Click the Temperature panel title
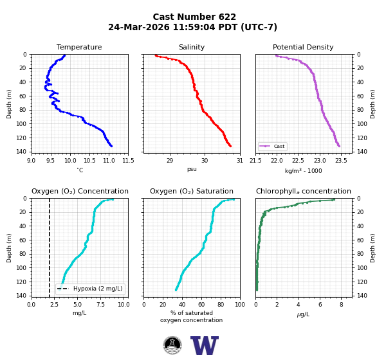coord(79,47)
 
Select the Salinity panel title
coord(192,47)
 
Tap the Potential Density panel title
coord(303,47)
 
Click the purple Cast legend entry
coord(273,146)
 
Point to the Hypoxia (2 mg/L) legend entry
coord(90,289)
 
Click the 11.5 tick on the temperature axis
coord(128,161)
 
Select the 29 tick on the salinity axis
coord(170,161)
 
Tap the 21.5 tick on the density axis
coord(255,161)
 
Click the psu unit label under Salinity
coord(192,169)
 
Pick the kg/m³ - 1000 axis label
coord(303,170)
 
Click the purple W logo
coord(205,345)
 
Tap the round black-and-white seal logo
coord(172,345)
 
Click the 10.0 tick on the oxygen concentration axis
coord(124,305)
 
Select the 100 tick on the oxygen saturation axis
coord(240,305)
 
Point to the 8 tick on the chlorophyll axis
coord(342,305)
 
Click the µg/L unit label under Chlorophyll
coord(303,314)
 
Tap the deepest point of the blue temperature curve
coord(111,146)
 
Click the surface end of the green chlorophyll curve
coord(334,199)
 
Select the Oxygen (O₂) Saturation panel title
coord(192,191)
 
